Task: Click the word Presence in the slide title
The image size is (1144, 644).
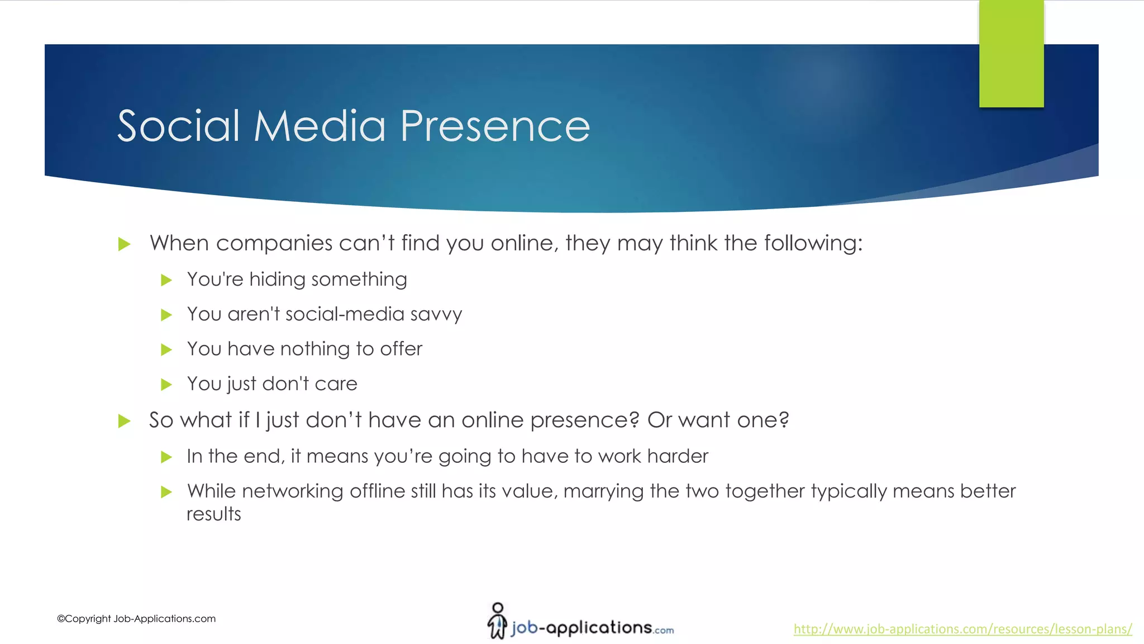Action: [495, 126]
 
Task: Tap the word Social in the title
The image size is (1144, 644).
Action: [179, 126]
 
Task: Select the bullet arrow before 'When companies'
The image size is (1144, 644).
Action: [124, 244]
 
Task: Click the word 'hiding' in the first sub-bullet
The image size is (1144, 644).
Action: [278, 279]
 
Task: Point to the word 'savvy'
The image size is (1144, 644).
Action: [436, 315]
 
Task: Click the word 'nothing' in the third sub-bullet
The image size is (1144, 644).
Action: [315, 349]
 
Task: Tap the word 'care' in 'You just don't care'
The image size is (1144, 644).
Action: [336, 384]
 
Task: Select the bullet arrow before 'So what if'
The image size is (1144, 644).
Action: [124, 421]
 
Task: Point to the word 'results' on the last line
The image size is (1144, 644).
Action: [213, 514]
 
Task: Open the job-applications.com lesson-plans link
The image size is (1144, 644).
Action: [962, 629]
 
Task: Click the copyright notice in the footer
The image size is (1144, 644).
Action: [136, 619]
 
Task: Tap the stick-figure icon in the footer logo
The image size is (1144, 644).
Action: [497, 621]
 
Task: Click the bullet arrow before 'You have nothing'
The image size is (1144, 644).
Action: [166, 350]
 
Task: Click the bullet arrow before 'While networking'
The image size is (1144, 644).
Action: [166, 492]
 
